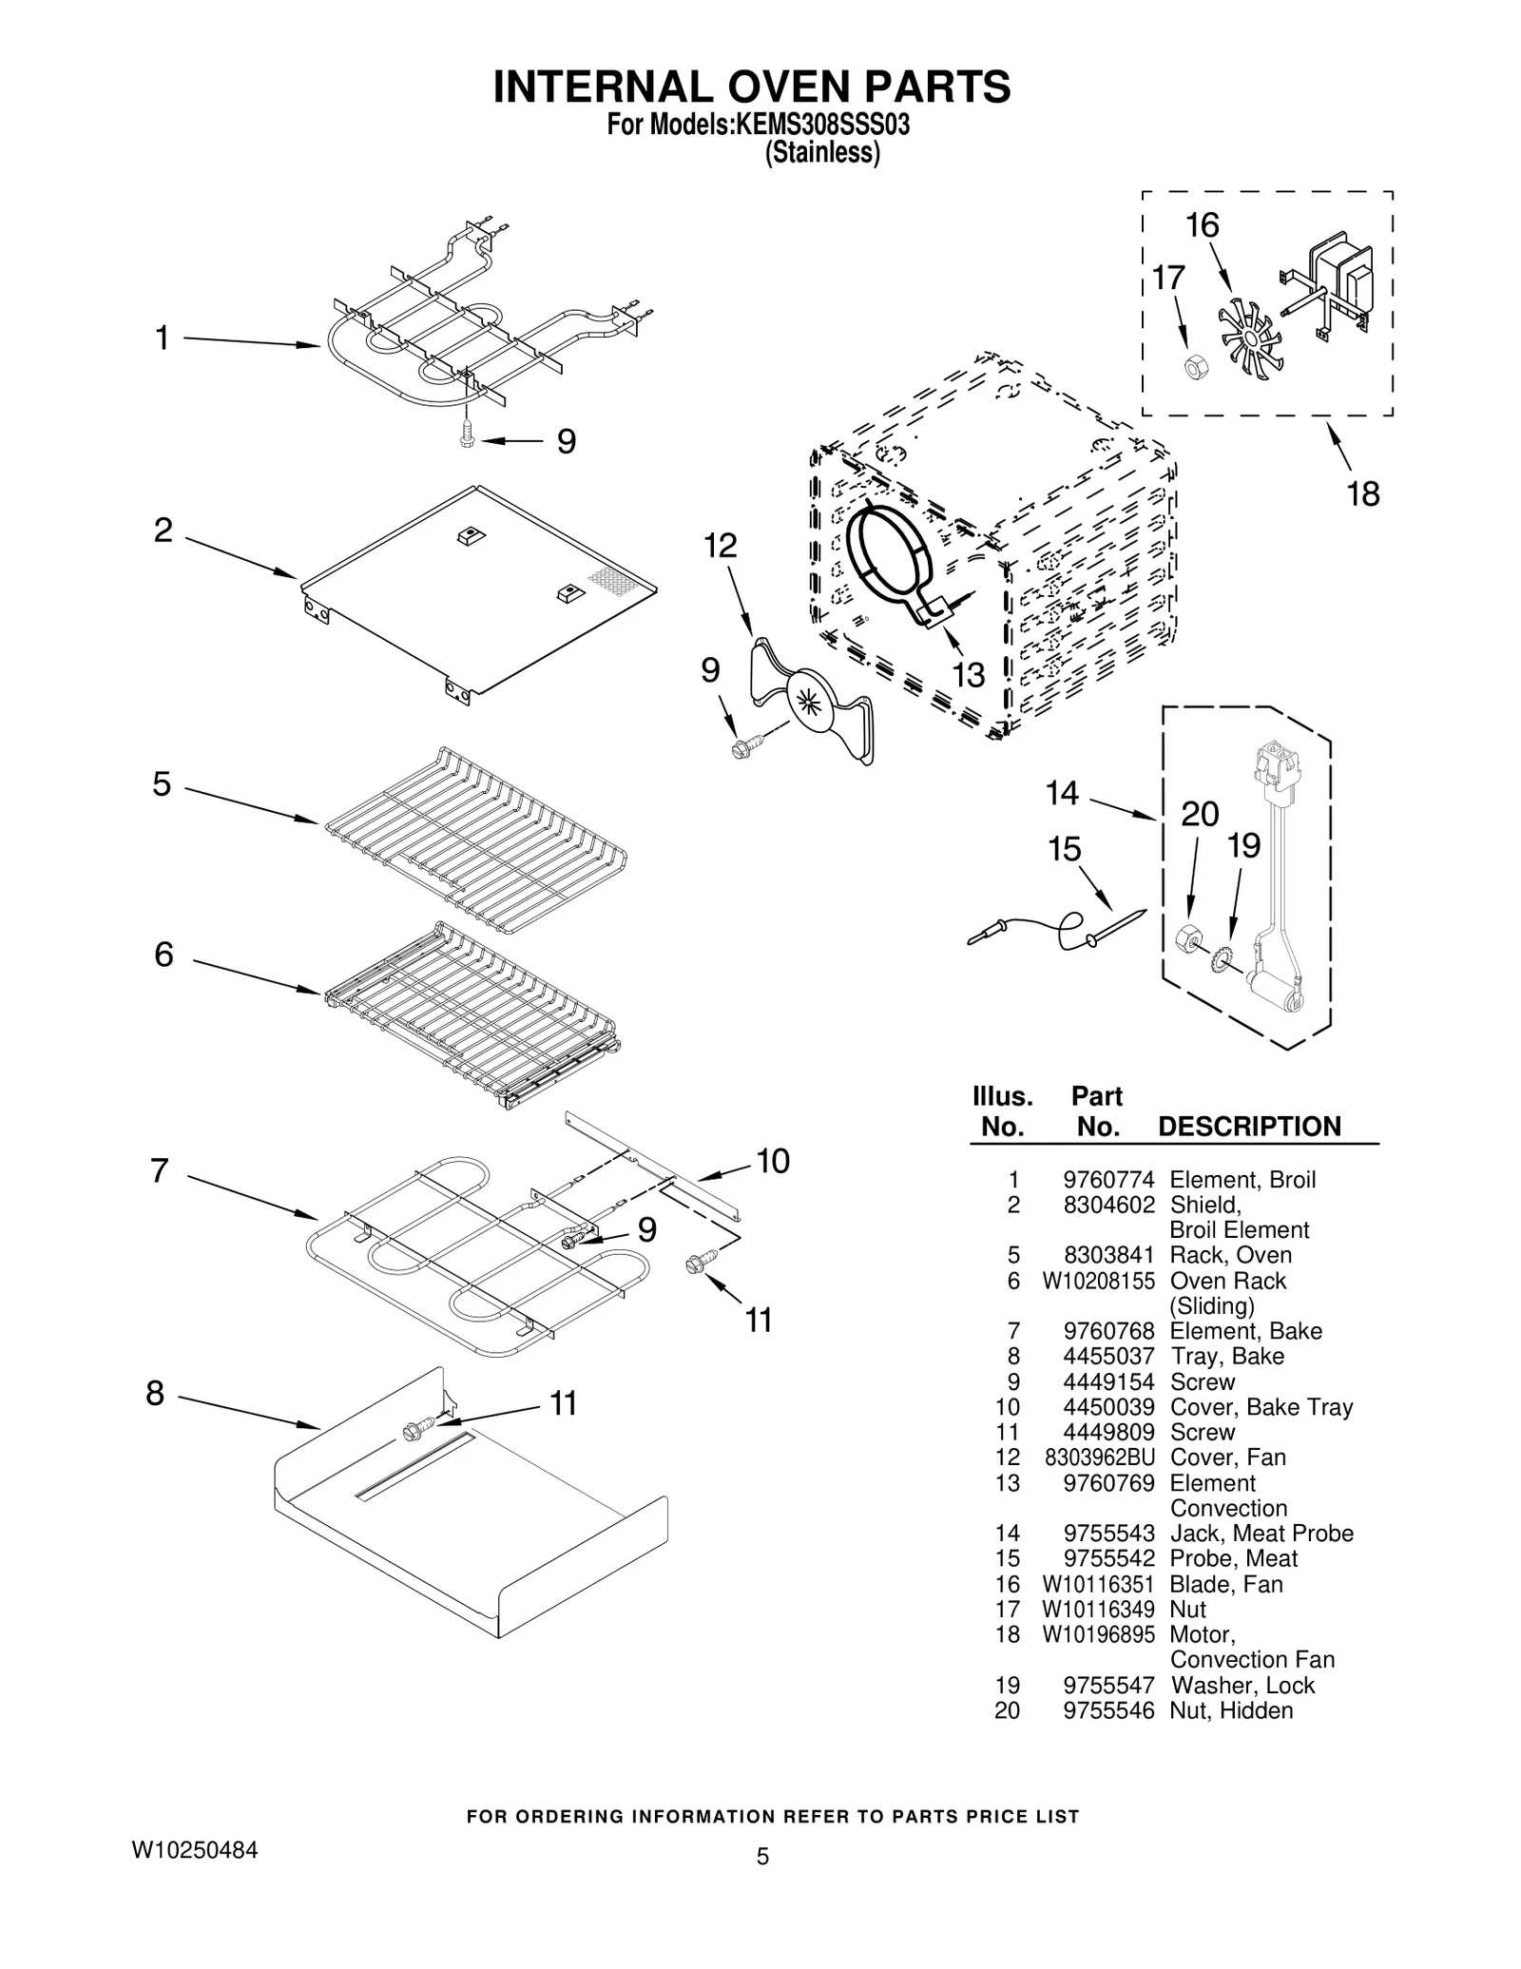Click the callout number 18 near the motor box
(x=1362, y=494)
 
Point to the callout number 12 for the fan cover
(x=720, y=546)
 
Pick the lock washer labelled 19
(x=1221, y=960)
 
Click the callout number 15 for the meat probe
(x=1064, y=849)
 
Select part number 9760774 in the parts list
(x=1107, y=1180)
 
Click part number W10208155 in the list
(x=1098, y=1281)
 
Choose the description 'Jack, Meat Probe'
(x=1261, y=1533)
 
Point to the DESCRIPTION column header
(x=1249, y=1127)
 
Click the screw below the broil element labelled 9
(x=466, y=436)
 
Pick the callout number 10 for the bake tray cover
(x=773, y=1161)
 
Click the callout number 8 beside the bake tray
(x=155, y=1394)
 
